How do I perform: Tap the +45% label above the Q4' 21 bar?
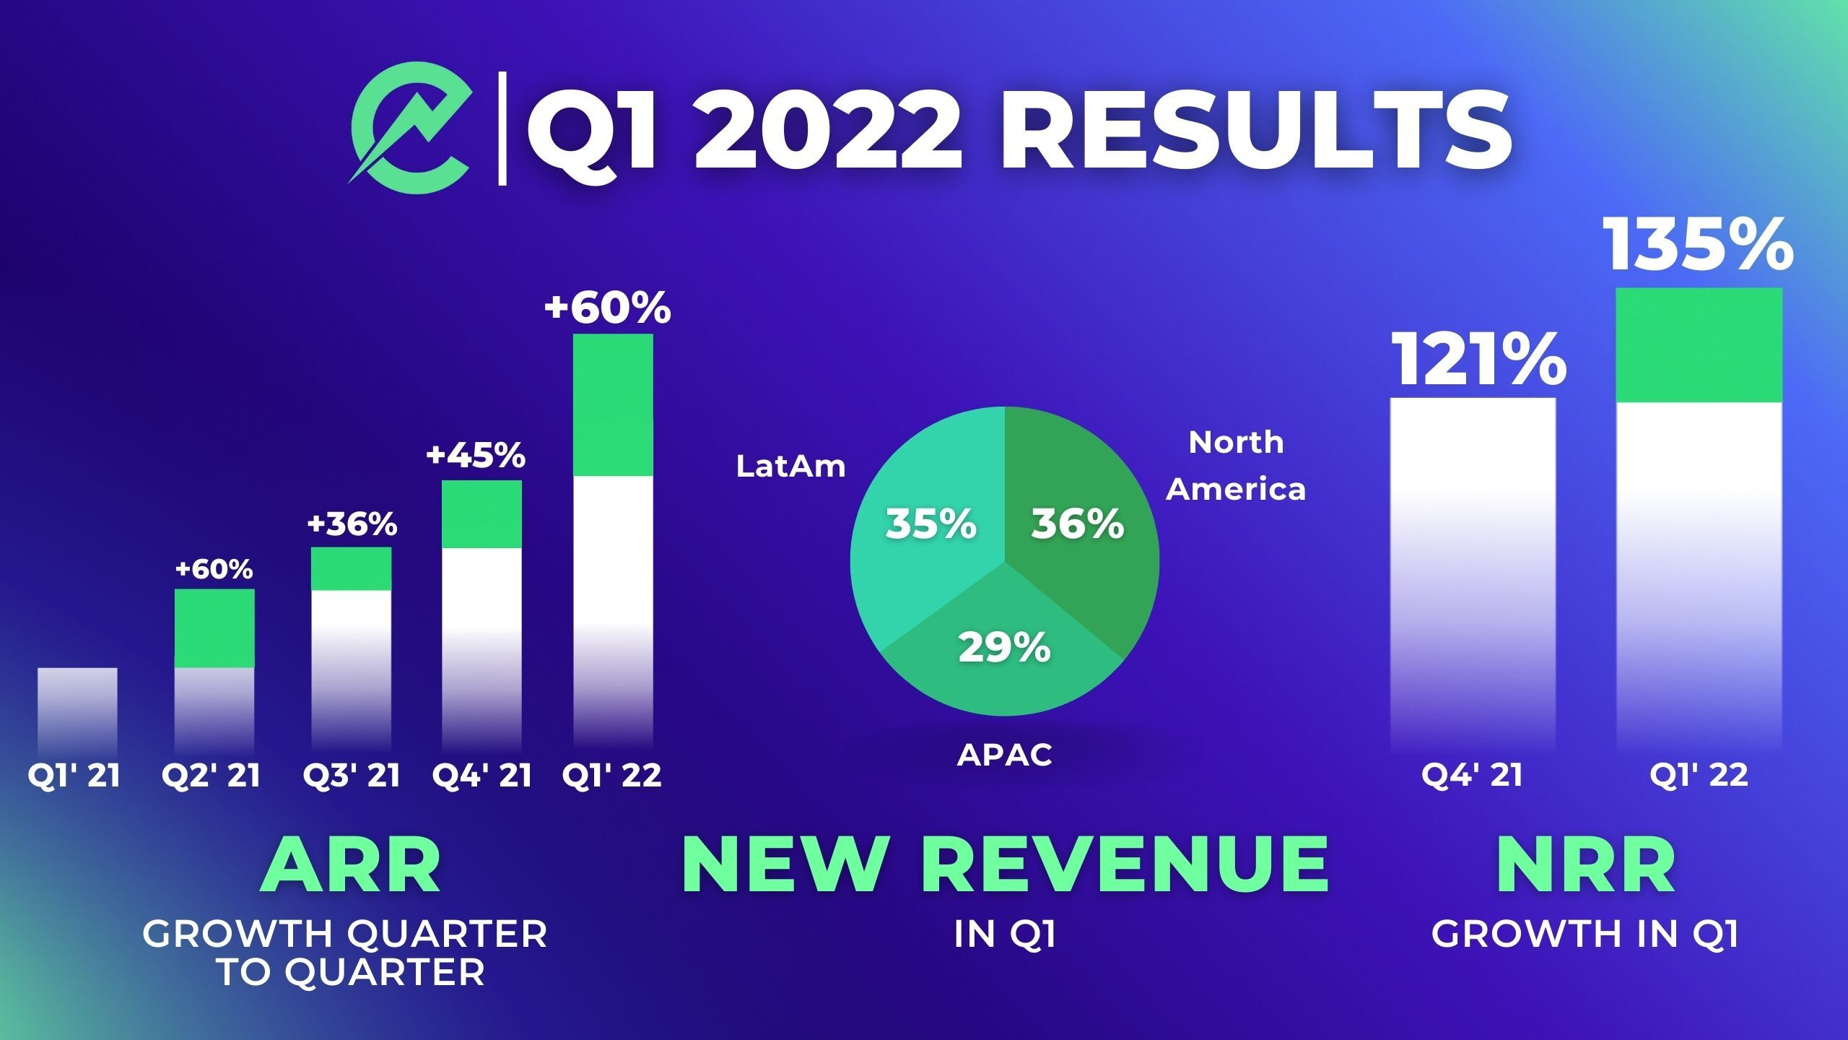[x=476, y=456]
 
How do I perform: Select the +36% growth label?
[x=352, y=524]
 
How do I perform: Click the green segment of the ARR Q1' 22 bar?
[x=613, y=404]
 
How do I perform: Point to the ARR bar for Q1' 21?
[x=77, y=711]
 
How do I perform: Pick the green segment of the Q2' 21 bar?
[x=214, y=628]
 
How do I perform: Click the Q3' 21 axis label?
[x=352, y=776]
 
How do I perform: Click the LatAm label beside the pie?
[x=790, y=467]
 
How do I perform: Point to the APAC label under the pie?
[x=1004, y=755]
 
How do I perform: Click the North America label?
[x=1236, y=466]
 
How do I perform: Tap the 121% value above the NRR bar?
[x=1478, y=360]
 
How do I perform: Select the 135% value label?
[x=1698, y=246]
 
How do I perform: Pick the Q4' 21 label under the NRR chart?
[x=1472, y=776]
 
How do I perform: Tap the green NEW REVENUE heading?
[x=1005, y=865]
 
